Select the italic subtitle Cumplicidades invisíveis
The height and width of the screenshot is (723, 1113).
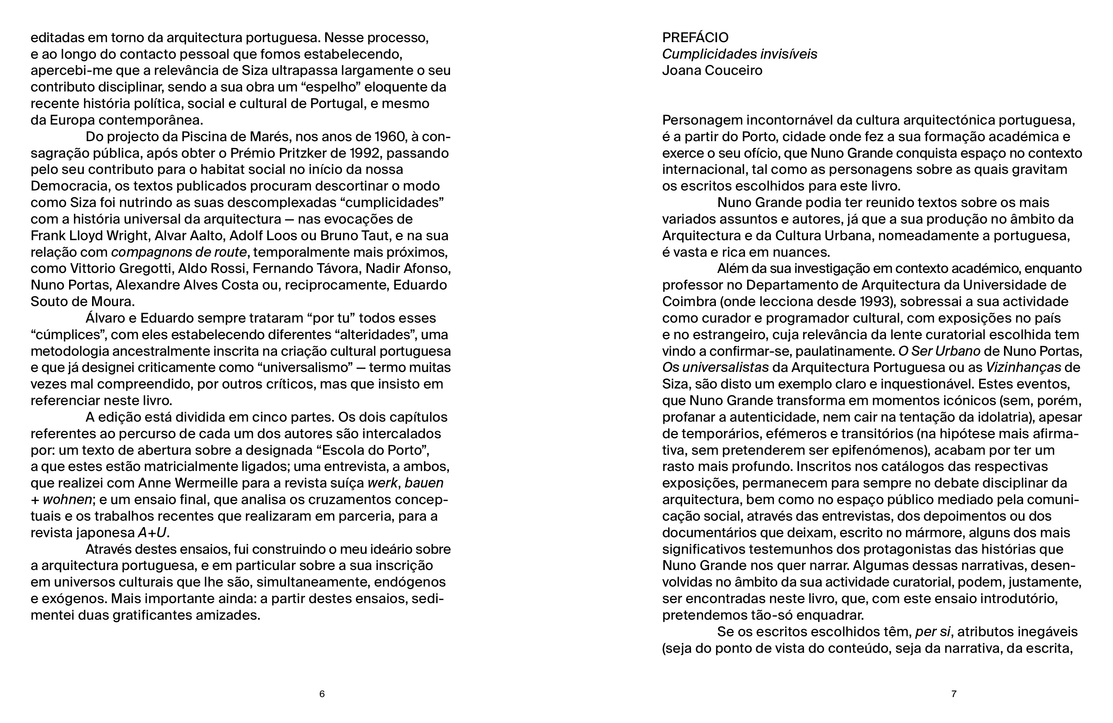click(739, 54)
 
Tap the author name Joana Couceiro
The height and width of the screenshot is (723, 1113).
click(712, 71)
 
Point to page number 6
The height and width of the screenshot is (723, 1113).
click(322, 694)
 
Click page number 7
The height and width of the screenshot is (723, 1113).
click(954, 694)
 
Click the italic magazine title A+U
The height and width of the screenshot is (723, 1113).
click(152, 533)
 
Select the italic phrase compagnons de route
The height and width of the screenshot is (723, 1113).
click(179, 252)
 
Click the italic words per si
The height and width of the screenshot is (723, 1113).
click(932, 632)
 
